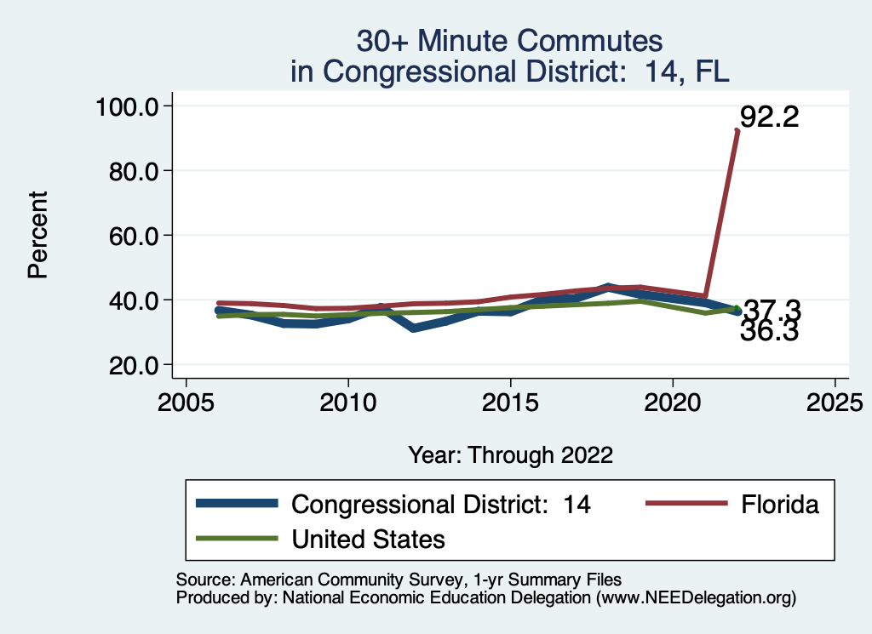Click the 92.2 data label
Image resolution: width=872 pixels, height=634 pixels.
(769, 117)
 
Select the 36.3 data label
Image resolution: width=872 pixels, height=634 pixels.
(769, 332)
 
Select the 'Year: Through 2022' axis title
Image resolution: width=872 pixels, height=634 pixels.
(510, 454)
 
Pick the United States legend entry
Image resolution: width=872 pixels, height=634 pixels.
(368, 539)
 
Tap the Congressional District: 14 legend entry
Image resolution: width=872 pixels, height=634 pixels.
(441, 504)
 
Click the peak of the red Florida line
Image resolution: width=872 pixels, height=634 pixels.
(737, 130)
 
